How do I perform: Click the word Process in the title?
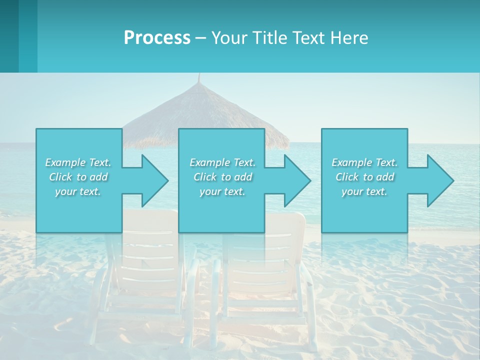tap(157, 38)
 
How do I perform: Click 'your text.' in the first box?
tap(78, 191)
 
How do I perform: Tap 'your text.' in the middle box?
tap(222, 191)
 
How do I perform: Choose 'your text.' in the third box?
tap(364, 191)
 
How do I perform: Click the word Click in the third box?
tap(347, 177)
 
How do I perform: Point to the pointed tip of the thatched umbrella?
tap(199, 76)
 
